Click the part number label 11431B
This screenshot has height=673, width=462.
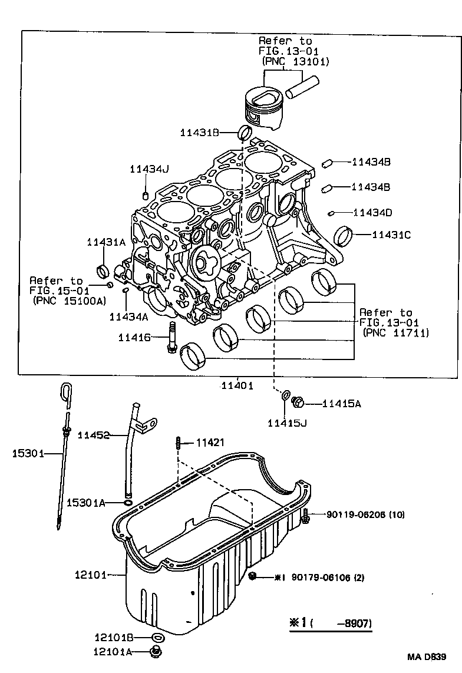199,133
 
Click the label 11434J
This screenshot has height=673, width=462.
149,170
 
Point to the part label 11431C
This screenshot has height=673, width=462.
391,235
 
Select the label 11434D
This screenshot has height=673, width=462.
372,212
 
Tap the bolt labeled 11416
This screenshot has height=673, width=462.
172,337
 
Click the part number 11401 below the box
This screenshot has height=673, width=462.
237,386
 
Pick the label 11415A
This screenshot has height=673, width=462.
342,404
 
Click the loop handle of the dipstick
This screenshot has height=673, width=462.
67,392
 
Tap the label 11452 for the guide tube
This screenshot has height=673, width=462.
94,436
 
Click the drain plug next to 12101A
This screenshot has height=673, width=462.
157,651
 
